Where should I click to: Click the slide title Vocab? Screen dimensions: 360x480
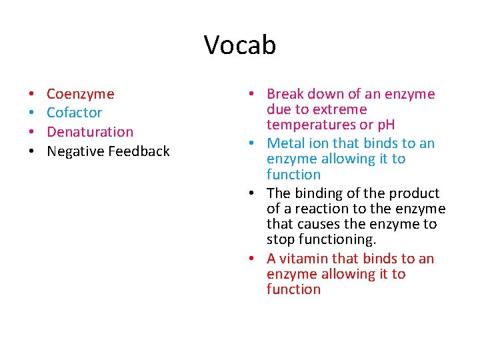[240, 45]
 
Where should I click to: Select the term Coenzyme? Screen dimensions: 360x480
[80, 94]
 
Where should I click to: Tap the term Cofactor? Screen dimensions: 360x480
[74, 113]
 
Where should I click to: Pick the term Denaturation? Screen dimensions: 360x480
[90, 132]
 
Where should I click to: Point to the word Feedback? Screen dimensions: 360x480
[138, 151]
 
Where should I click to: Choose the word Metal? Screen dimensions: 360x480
[285, 143]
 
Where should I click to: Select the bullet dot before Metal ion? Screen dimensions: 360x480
[257, 144]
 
